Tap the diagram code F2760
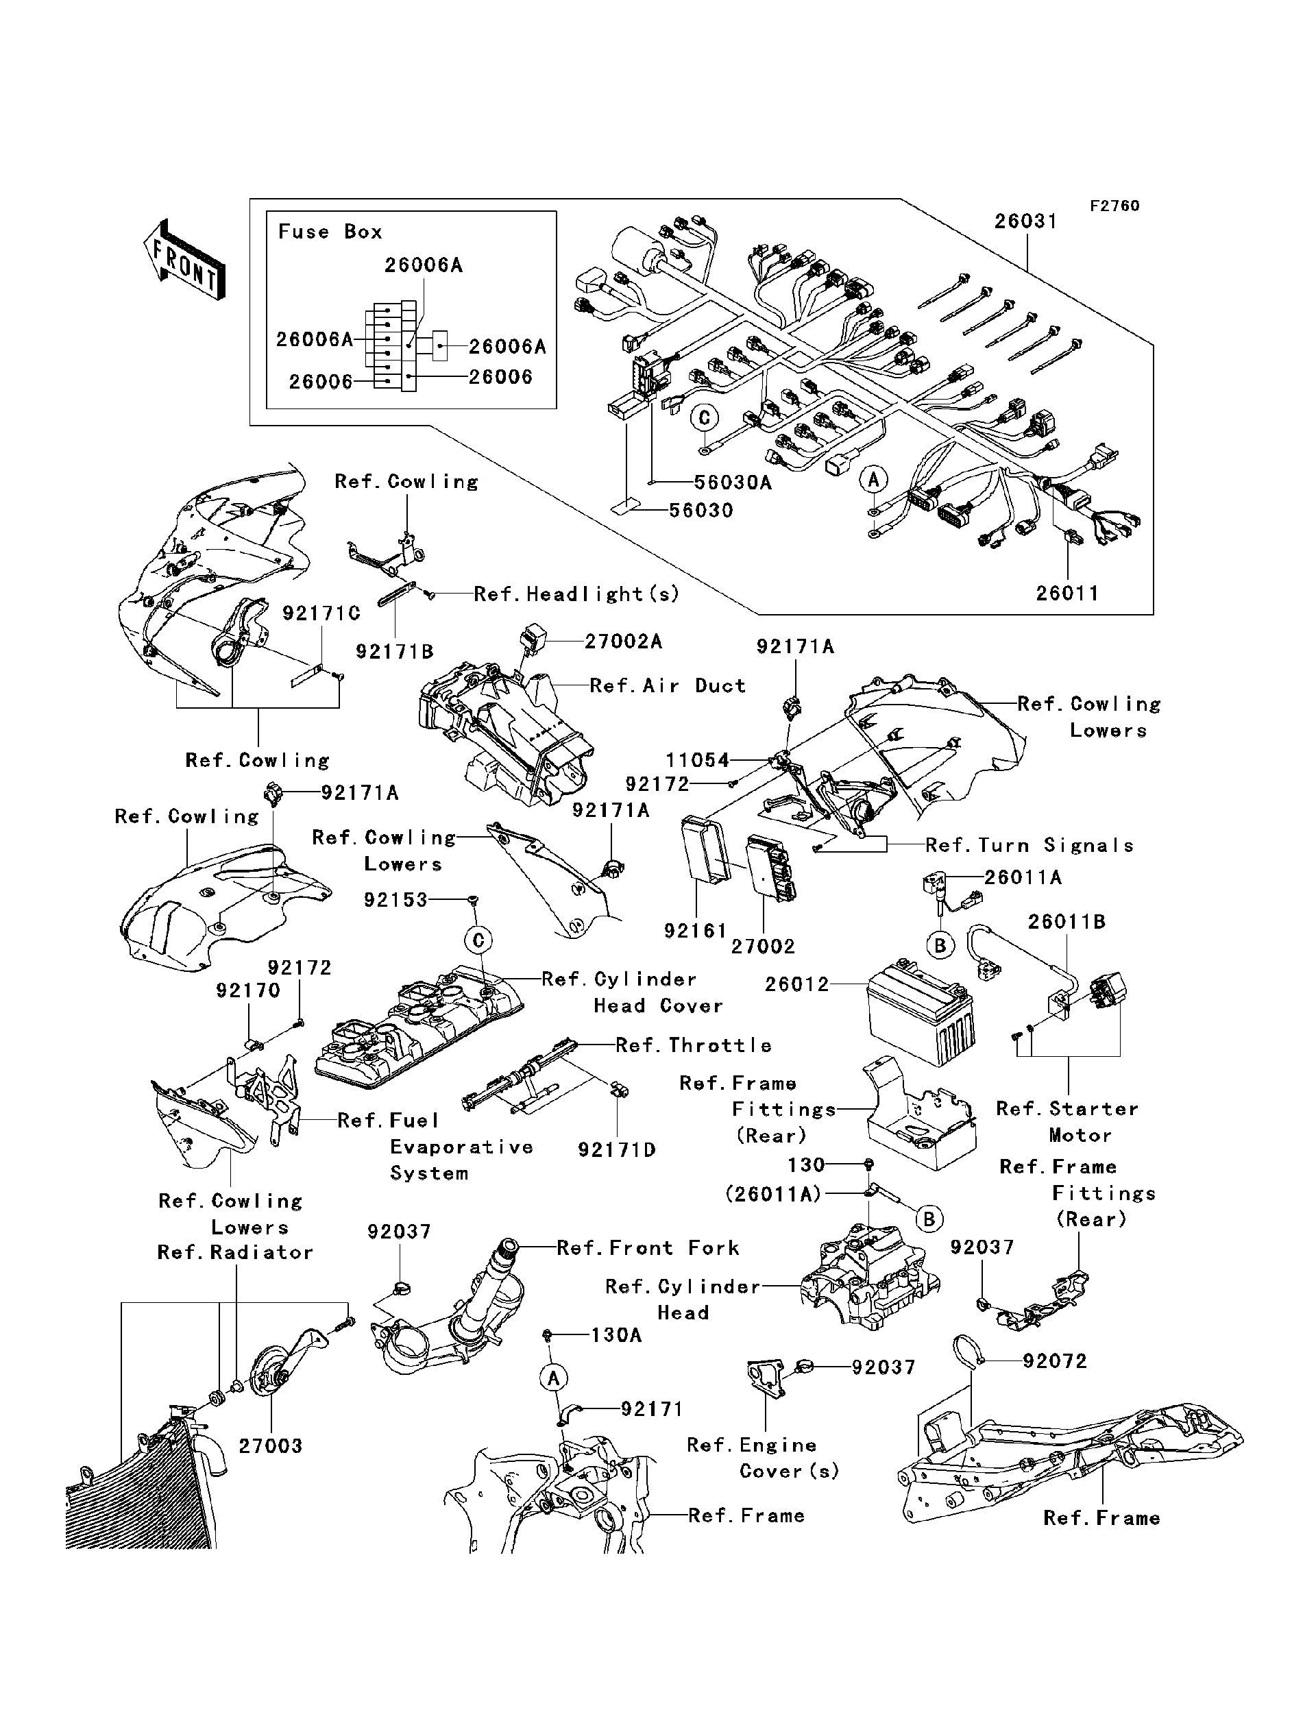tap(1115, 206)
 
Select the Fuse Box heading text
tap(330, 232)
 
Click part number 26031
tap(1026, 221)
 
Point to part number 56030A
tap(733, 483)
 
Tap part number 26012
tap(796, 985)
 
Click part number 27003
tap(270, 1446)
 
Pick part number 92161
tap(696, 931)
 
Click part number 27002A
tap(624, 642)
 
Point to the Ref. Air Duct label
tap(668, 686)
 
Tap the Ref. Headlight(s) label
tap(576, 594)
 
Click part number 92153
tap(395, 901)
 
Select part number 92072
tap(1055, 1361)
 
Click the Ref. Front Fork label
tap(648, 1248)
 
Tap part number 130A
tap(616, 1335)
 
